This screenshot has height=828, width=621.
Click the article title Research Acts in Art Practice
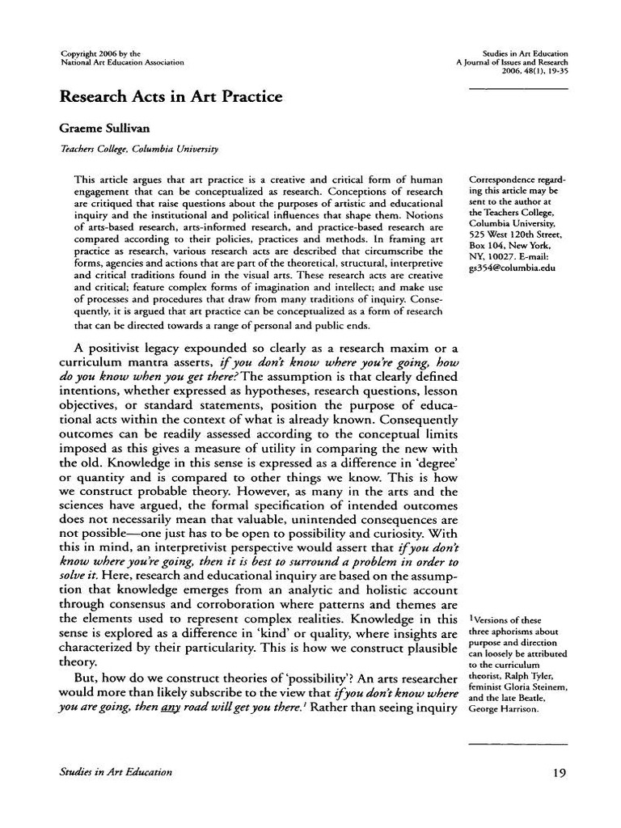[x=171, y=97]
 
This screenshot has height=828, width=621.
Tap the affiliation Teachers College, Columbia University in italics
[x=139, y=150]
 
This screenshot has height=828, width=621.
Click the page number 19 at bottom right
[x=559, y=772]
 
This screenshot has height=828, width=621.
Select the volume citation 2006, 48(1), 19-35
[x=534, y=71]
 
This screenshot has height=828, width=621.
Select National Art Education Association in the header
[x=122, y=62]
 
